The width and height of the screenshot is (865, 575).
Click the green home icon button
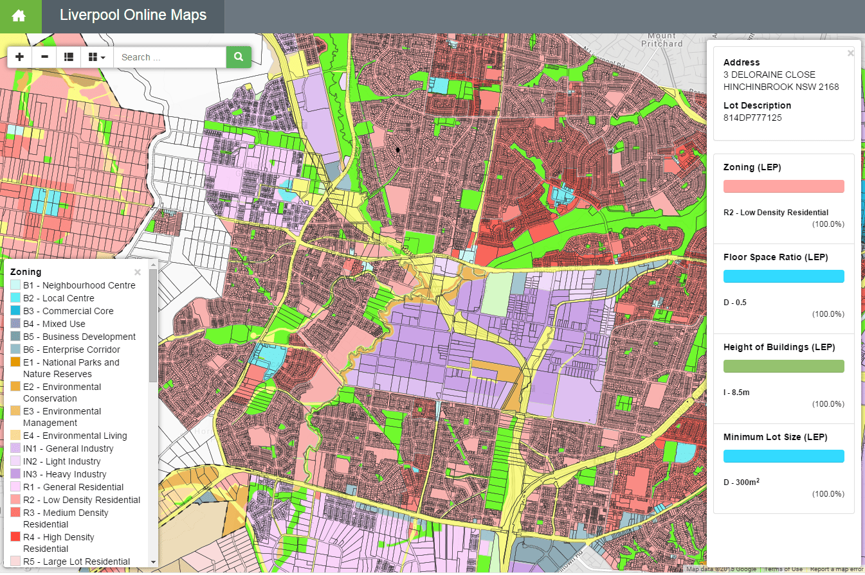(19, 16)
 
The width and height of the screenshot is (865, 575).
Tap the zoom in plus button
(19, 57)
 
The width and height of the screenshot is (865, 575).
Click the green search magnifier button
(239, 57)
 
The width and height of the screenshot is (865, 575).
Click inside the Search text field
(168, 57)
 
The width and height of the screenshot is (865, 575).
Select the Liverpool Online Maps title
(133, 15)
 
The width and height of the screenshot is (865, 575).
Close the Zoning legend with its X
(137, 272)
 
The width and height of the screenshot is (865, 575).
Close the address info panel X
(851, 53)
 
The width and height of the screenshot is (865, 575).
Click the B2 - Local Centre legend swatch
(15, 298)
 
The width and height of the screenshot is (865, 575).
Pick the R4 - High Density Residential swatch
(15, 537)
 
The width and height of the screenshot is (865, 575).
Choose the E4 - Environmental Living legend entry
(75, 436)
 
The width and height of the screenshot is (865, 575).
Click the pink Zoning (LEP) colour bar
(783, 186)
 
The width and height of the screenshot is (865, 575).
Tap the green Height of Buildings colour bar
(783, 366)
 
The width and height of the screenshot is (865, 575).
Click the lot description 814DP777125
(752, 118)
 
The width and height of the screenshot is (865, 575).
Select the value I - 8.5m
(736, 392)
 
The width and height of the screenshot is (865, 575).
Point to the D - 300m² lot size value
(742, 482)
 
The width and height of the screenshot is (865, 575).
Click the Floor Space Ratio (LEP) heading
(775, 257)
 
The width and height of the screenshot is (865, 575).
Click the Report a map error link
(835, 570)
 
